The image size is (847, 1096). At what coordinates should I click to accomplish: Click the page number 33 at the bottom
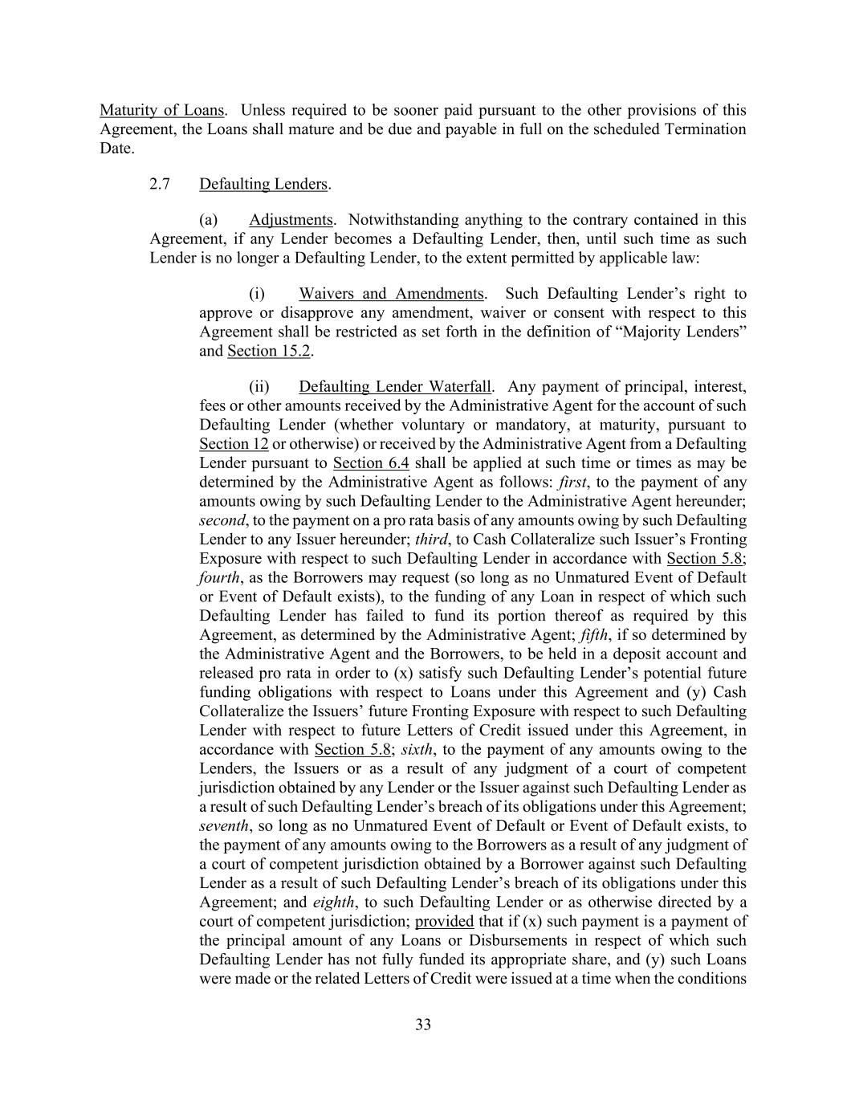pos(423,1025)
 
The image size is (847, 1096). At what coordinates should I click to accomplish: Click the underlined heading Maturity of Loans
pos(161,110)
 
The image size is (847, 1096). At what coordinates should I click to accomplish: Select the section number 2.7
pos(160,184)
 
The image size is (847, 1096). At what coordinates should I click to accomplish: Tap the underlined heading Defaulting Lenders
pos(263,184)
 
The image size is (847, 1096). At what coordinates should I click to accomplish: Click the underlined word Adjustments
pos(291,220)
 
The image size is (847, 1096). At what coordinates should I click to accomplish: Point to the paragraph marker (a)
pos(208,220)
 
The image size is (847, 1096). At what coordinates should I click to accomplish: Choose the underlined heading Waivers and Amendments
pos(391,294)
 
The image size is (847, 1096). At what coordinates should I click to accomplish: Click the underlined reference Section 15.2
pos(269,351)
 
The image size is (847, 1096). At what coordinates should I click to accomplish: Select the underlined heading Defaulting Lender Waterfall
pos(395,387)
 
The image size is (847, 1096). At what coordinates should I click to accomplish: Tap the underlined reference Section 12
pos(234,444)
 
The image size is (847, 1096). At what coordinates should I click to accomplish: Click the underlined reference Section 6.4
pos(371,463)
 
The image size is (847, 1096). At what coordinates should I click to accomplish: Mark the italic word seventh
pos(224,826)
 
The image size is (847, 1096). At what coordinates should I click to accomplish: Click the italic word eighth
pos(333,902)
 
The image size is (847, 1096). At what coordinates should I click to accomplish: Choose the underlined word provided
pos(444,922)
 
